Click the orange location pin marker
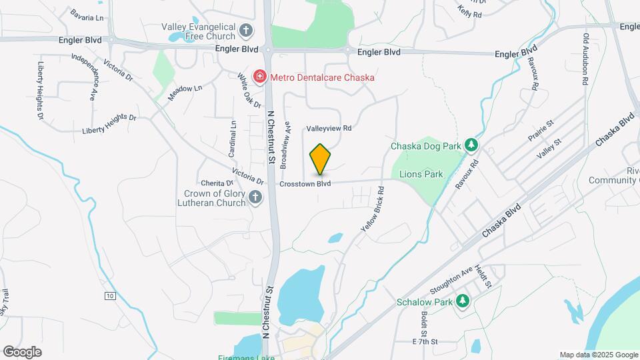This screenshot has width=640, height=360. [320, 158]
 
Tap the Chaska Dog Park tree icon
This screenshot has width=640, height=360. [471, 145]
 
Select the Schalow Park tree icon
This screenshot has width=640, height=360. [462, 301]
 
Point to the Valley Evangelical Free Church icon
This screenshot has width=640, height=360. [246, 30]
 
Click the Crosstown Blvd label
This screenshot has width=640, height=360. [305, 183]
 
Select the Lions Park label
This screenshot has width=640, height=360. [421, 174]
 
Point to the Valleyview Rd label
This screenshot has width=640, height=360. [329, 128]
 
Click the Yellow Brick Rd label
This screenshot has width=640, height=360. [373, 209]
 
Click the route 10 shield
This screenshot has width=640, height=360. [110, 295]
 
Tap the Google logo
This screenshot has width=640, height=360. [22, 351]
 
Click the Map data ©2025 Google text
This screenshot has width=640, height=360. [598, 355]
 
